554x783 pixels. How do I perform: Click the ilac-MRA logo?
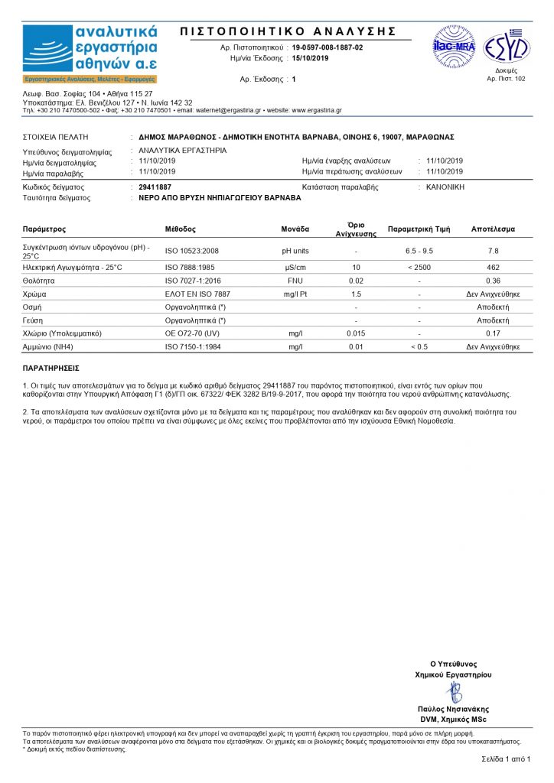[455, 47]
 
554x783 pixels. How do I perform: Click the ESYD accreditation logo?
[506, 47]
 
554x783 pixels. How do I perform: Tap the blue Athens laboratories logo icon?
[47, 48]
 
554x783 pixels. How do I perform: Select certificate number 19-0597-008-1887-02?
[328, 47]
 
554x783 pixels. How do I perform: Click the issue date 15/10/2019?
[310, 58]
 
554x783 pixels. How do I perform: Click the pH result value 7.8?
[494, 251]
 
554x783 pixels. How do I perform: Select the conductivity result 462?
[494, 267]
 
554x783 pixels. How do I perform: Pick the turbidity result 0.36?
[494, 281]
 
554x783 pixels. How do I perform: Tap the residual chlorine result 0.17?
[494, 333]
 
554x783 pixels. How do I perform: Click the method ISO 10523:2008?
[192, 251]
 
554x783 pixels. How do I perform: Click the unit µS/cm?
[295, 267]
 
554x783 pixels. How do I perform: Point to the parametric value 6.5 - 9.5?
[419, 251]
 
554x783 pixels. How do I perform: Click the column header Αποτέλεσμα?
[494, 229]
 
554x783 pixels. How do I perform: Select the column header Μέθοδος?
[181, 229]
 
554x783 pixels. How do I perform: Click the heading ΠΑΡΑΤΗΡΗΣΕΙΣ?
[51, 369]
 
